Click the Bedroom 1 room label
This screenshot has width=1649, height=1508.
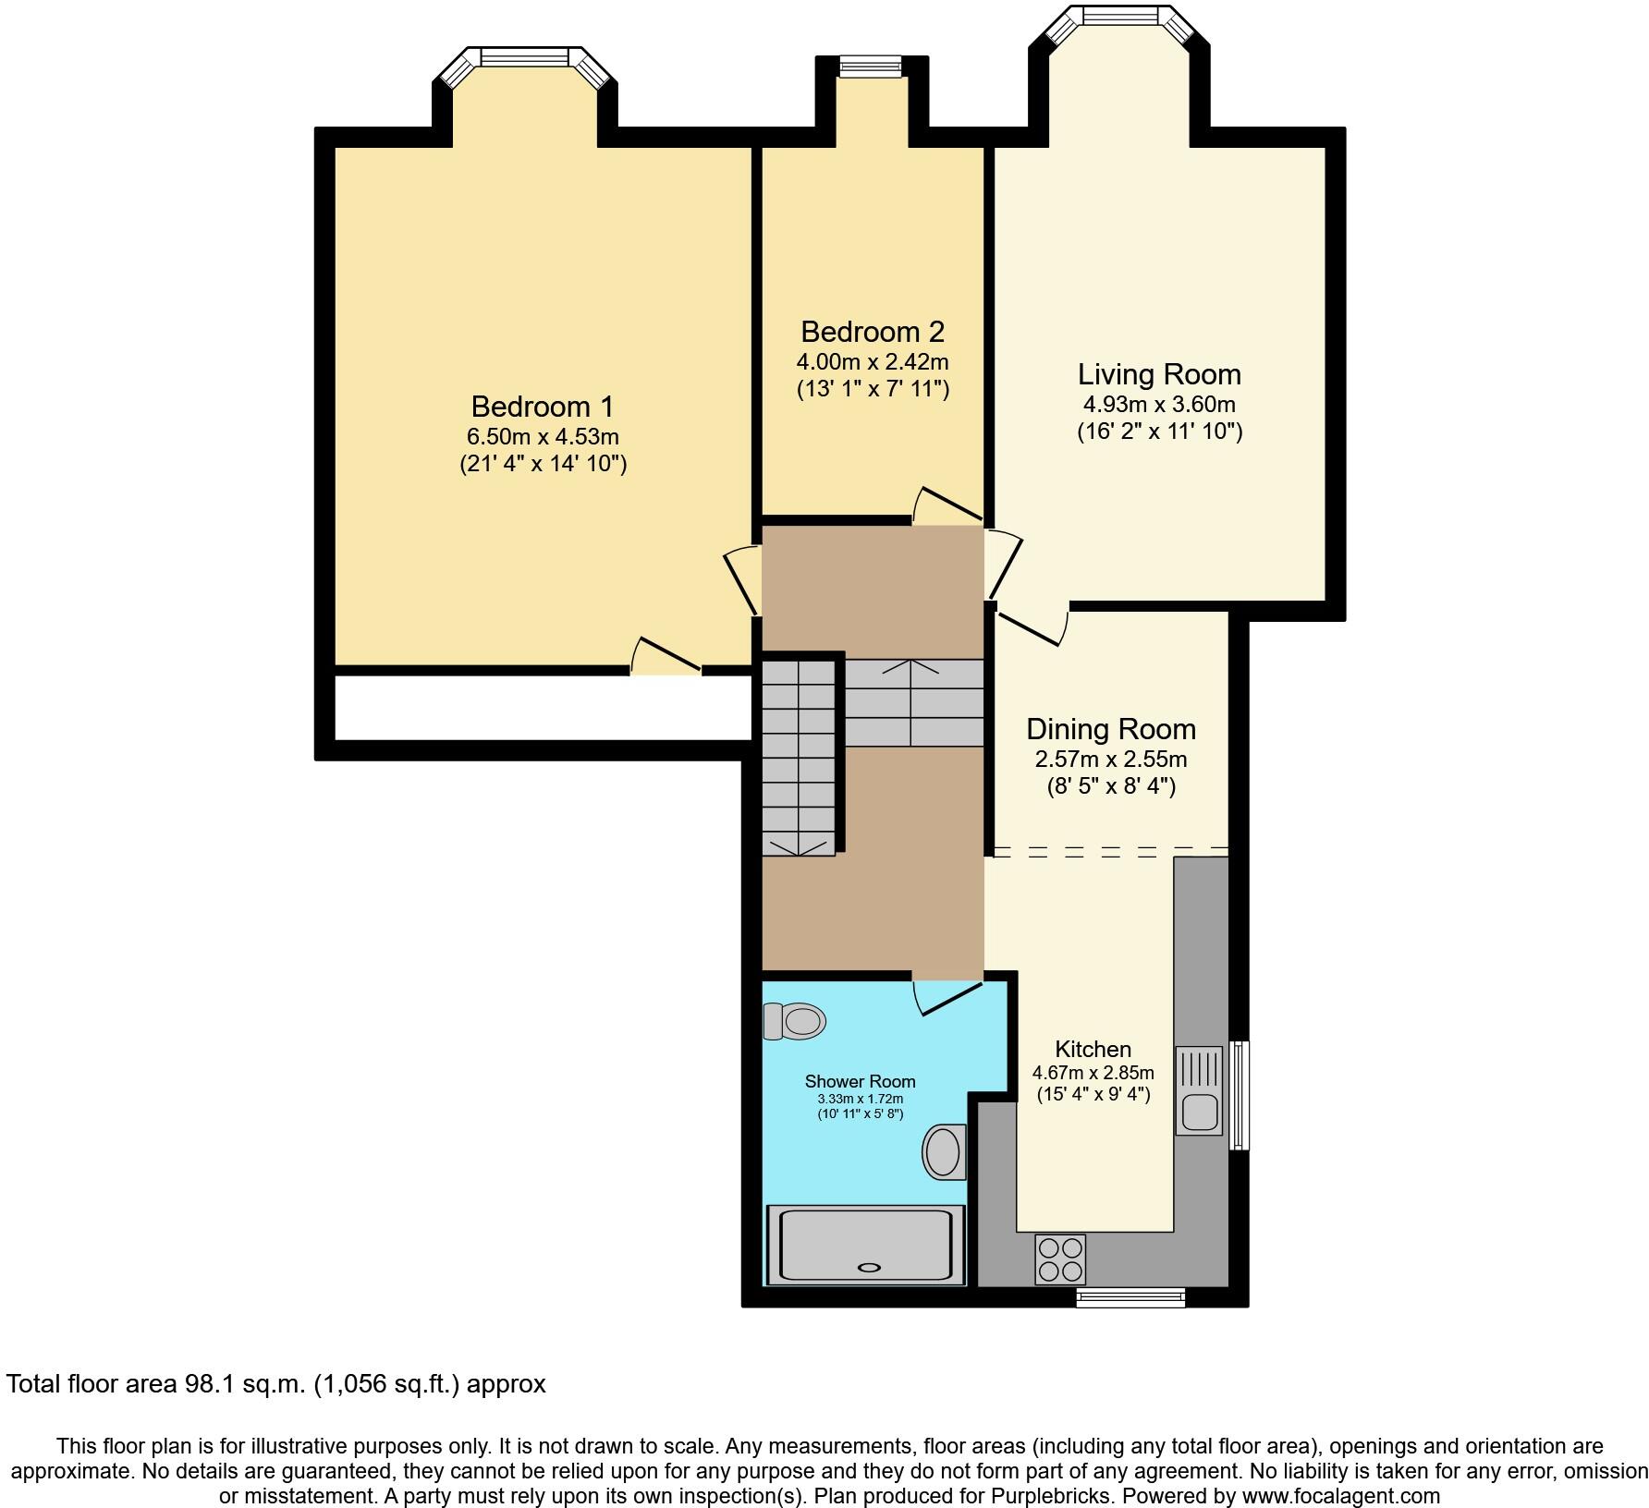pos(543,407)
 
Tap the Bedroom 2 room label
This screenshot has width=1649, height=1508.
pos(873,332)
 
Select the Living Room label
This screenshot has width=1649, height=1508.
pos(1159,374)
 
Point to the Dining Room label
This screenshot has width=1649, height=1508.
pos(1111,729)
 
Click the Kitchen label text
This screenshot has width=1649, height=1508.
pos(1093,1050)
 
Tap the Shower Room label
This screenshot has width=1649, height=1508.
pos(860,1081)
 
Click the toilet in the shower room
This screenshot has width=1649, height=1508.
pos(794,1022)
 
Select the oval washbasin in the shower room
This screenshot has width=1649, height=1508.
pos(945,1151)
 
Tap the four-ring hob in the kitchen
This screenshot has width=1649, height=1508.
pos(1060,1259)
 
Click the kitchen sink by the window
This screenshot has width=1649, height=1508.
pos(1199,1090)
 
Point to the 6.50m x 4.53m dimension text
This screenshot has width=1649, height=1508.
pos(543,436)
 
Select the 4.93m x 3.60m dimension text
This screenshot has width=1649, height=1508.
pos(1159,404)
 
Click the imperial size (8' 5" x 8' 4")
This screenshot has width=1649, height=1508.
pos(1111,787)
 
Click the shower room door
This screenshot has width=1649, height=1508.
pos(947,996)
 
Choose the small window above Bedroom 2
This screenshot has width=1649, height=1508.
pos(871,65)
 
